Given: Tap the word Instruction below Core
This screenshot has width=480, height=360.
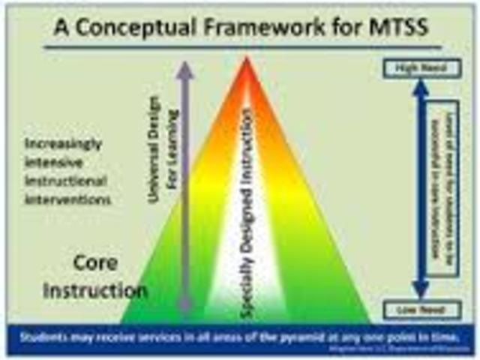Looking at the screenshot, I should pos(94,290).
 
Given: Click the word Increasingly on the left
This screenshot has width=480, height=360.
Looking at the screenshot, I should pos(63,144).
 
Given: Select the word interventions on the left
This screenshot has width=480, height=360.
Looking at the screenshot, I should pos(68,200).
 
